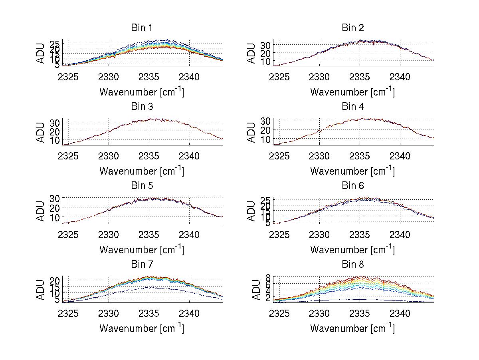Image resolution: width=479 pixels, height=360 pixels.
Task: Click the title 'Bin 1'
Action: (142, 28)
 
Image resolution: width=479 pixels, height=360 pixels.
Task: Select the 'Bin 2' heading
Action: (352, 28)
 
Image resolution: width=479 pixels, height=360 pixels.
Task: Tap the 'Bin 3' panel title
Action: (142, 107)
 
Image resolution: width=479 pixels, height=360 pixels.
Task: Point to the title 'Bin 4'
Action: (352, 107)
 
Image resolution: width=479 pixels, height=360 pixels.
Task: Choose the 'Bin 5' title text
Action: (142, 186)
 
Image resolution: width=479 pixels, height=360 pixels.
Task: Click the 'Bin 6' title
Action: (352, 186)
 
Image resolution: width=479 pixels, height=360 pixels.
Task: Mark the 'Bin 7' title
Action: (142, 265)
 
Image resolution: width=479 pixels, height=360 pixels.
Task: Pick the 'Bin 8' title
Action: (352, 265)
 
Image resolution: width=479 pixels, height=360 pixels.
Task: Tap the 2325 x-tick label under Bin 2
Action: (279, 77)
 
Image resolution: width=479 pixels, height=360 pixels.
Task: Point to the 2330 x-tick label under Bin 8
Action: (319, 313)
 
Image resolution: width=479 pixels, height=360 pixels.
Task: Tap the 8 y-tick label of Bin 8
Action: (268, 277)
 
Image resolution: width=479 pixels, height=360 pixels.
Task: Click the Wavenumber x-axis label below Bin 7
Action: (142, 328)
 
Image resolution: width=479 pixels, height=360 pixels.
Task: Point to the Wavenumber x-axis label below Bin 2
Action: (352, 91)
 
